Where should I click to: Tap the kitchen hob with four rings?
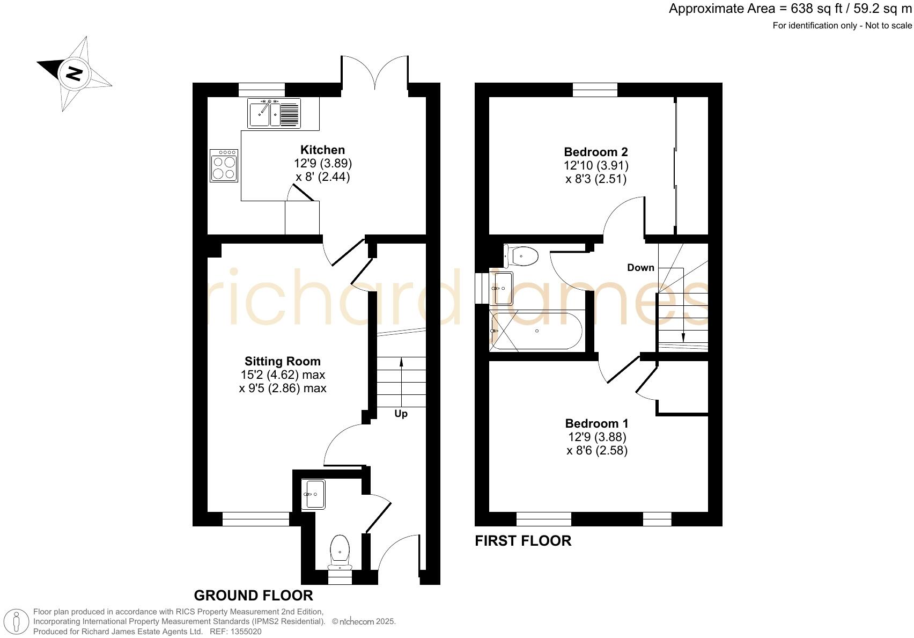coord(224,165)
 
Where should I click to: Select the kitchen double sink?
coord(274,113)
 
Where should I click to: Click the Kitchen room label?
coord(322,150)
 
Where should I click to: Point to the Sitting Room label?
coord(283,361)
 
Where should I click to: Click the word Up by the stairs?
coord(401,414)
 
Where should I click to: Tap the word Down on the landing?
coord(640,267)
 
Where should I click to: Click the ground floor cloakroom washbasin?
coord(313,494)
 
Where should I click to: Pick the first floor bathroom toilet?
coord(521,256)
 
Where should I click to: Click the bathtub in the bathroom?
coord(536,331)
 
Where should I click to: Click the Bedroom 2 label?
coord(595,152)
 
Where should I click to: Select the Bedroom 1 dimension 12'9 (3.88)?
coord(596,437)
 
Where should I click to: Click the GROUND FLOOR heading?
coord(253,595)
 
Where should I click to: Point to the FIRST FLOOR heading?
coord(523,540)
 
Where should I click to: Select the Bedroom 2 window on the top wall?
coord(595,90)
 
